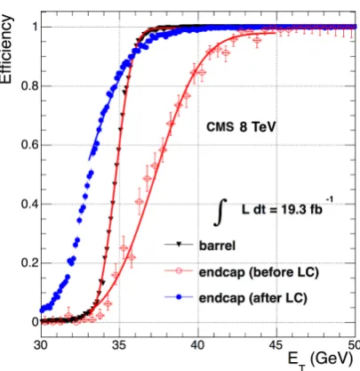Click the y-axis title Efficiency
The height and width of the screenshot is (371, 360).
6,49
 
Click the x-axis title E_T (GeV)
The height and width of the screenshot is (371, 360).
321,360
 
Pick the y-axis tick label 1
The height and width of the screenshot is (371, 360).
35,27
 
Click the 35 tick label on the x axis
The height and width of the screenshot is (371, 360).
119,345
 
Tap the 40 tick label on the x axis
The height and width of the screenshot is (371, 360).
197,345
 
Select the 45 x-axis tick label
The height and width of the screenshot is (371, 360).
276,345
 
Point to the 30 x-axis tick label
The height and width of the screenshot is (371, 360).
41,345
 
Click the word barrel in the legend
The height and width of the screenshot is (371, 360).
217,246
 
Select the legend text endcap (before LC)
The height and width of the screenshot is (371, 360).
259,272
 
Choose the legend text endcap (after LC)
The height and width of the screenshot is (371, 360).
253,297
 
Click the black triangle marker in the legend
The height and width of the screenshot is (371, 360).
179,245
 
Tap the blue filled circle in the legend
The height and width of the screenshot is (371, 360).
179,297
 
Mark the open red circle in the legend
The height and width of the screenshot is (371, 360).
179,270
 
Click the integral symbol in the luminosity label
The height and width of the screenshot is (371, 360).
221,213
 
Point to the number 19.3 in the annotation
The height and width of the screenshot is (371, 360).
293,210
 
